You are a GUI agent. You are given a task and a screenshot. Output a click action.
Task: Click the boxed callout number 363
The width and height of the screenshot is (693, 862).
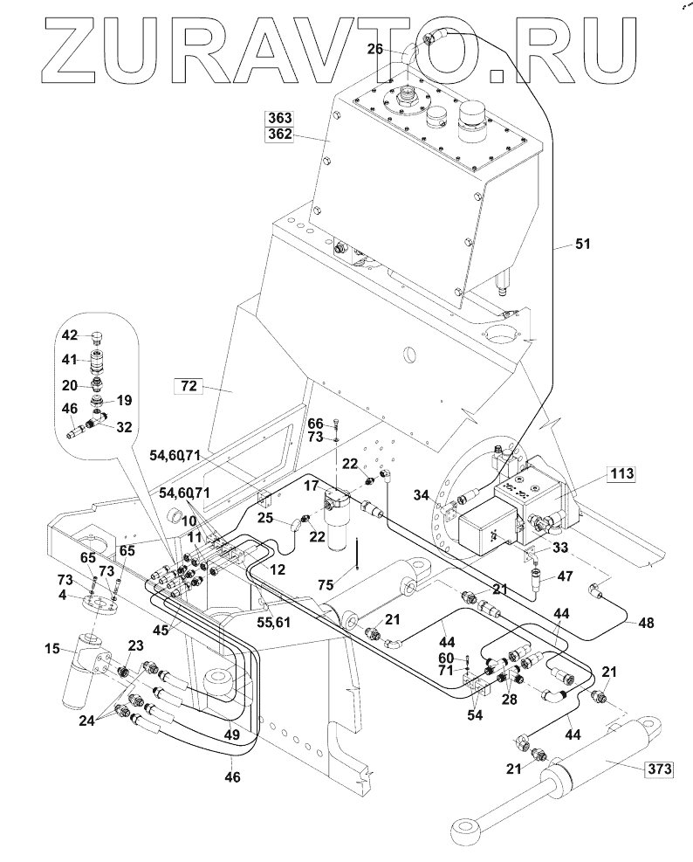281,118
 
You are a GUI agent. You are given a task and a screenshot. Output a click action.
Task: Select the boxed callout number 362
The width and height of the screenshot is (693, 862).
281,134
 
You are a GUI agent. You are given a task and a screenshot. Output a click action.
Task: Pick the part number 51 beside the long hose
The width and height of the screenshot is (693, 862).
582,245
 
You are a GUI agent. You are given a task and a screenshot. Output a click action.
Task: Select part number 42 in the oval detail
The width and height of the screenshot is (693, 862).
71,335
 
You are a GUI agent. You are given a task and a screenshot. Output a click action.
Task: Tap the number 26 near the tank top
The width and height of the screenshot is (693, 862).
375,50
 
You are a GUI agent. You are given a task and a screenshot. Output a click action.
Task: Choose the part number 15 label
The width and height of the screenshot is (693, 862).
52,648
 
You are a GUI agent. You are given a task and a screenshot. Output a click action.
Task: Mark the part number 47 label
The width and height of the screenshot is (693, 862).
565,577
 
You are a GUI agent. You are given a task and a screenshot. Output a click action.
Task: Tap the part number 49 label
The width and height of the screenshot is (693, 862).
232,735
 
